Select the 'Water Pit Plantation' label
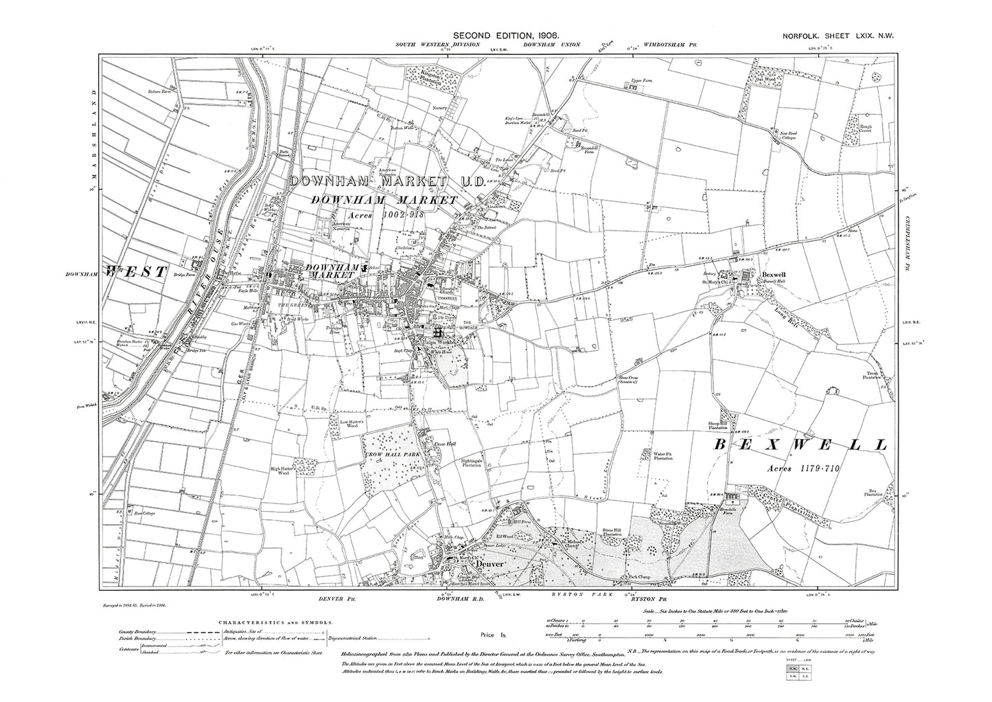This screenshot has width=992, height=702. click(662, 455)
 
